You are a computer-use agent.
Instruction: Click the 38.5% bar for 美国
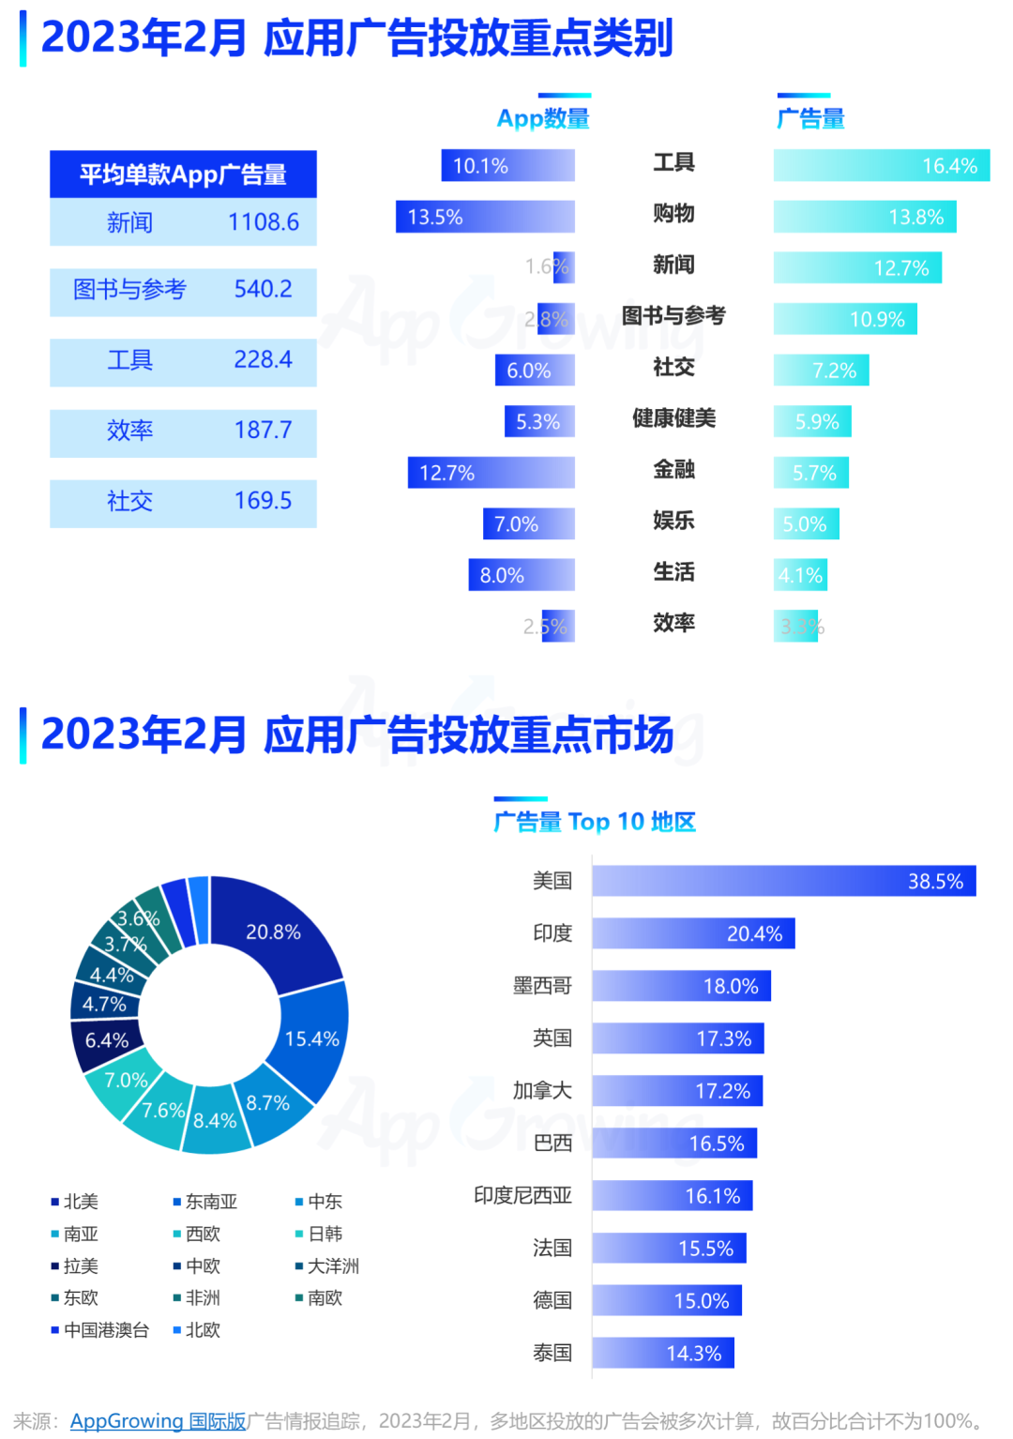pyautogui.click(x=784, y=881)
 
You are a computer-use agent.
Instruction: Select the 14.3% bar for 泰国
pyautogui.click(x=663, y=1353)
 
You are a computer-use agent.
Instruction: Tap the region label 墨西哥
pyautogui.click(x=542, y=986)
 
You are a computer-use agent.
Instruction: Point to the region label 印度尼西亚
pyautogui.click(x=522, y=1195)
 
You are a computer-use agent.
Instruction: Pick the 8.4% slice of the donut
pyautogui.click(x=215, y=1120)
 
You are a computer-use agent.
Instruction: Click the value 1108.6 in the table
pyautogui.click(x=264, y=222)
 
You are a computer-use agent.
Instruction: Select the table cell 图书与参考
pyautogui.click(x=129, y=289)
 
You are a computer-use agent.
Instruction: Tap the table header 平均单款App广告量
pyautogui.click(x=183, y=174)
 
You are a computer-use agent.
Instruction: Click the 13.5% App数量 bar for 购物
pyautogui.click(x=485, y=217)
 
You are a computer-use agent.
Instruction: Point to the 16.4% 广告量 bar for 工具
pyautogui.click(x=881, y=166)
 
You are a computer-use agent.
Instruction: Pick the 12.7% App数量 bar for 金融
pyautogui.click(x=491, y=473)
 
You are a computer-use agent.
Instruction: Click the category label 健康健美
pyautogui.click(x=673, y=418)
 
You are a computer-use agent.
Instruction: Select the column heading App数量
pyautogui.click(x=543, y=119)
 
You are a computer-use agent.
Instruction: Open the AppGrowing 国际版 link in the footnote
pyautogui.click(x=158, y=1421)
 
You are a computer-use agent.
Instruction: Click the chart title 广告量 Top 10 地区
pyautogui.click(x=595, y=822)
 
